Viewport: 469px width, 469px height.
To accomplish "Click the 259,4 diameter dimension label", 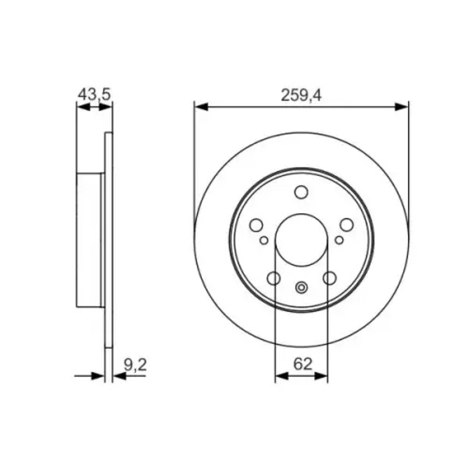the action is (x=301, y=95).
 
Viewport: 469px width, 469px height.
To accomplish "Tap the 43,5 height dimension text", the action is (x=95, y=95).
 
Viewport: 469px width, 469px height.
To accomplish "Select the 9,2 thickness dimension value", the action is (x=135, y=364).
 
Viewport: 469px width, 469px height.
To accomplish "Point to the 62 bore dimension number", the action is (x=303, y=364).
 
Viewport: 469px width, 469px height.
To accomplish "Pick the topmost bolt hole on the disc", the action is (x=301, y=192).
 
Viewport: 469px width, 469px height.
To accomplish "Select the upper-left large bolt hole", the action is (x=256, y=225).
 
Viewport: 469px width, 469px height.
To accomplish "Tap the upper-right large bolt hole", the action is (x=346, y=225).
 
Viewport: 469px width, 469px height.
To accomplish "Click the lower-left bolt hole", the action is (x=274, y=278).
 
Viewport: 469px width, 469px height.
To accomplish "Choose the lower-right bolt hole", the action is (x=330, y=278).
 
